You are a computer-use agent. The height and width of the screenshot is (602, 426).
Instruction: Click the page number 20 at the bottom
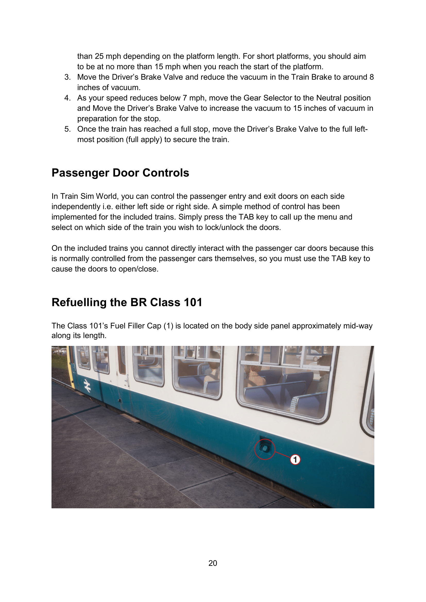pos(213,563)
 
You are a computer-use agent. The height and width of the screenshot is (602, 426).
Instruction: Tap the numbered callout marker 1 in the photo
pos(295,459)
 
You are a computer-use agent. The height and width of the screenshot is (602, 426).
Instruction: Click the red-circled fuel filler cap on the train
pos(265,449)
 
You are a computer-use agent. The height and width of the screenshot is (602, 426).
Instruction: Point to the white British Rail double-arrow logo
pos(87,386)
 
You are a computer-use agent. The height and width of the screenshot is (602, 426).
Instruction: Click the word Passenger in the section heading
pos(80,173)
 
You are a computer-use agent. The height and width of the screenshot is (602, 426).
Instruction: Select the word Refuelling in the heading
pos(79,302)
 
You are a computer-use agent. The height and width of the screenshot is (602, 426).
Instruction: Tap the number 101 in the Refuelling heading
pos(193,302)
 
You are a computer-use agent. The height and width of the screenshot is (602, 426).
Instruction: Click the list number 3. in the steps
pos(67,77)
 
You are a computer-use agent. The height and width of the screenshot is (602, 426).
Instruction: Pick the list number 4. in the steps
pos(67,98)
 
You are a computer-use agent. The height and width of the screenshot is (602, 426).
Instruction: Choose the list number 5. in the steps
pos(67,129)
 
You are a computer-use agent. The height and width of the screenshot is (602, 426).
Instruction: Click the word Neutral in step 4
pos(329,98)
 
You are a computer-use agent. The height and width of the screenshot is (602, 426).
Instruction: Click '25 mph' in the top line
pos(108,56)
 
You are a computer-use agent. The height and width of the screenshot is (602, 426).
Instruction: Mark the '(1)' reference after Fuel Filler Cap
pos(168,326)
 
